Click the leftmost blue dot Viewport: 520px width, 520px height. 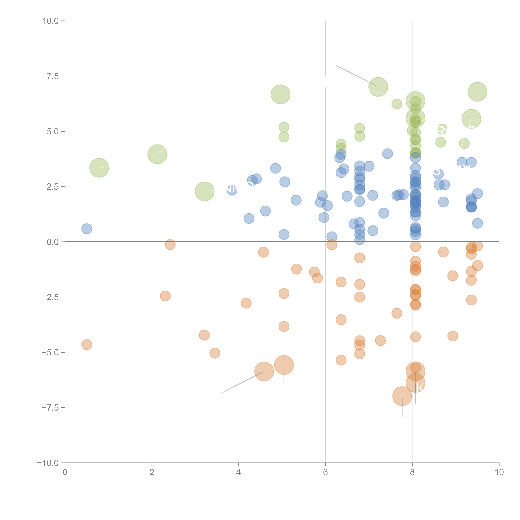[87, 229]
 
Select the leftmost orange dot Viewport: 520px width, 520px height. [87, 345]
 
